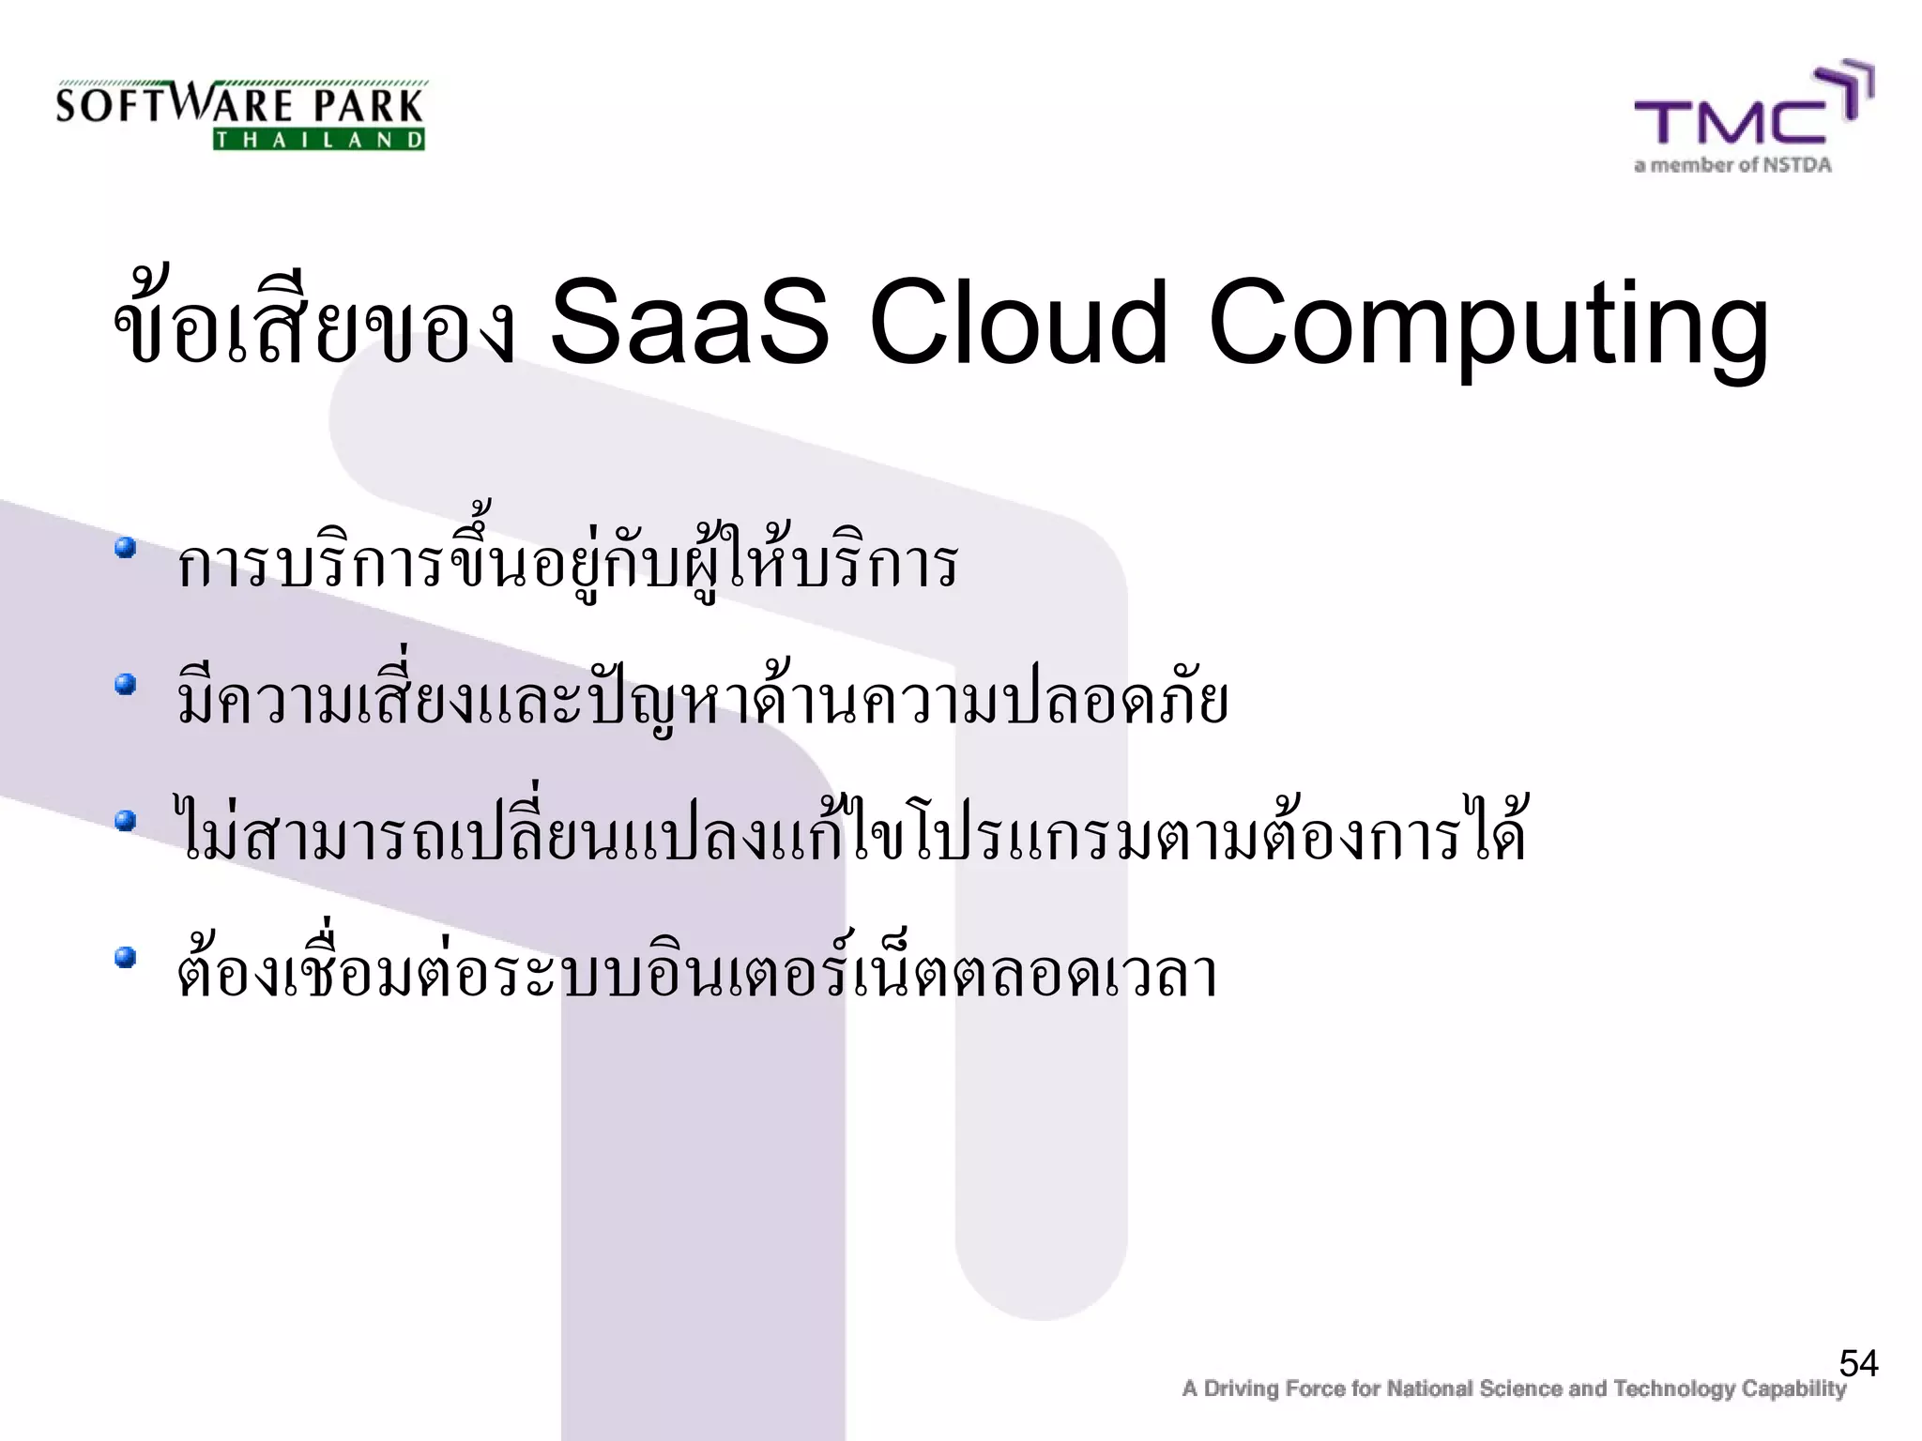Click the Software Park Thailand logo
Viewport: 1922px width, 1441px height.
click(x=240, y=114)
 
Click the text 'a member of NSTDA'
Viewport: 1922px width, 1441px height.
click(x=1732, y=166)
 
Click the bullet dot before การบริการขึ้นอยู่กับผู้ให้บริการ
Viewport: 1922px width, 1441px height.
click(x=126, y=547)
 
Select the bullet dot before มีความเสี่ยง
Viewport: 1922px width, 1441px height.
click(x=126, y=685)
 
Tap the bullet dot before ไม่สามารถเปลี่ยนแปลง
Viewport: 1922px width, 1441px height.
click(x=126, y=822)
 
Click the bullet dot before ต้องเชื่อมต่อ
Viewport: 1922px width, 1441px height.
click(x=126, y=958)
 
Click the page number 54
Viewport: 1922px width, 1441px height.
click(x=1858, y=1363)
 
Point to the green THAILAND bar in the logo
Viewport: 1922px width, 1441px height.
click(x=319, y=141)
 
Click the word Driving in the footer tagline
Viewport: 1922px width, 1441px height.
click(x=1241, y=1388)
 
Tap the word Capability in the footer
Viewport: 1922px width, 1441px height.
click(x=1793, y=1388)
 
